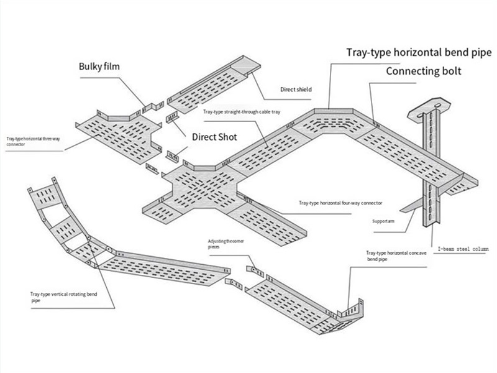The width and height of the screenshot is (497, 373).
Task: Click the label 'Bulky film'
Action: pyautogui.click(x=103, y=67)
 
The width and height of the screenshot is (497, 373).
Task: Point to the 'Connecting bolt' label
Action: pyautogui.click(x=424, y=71)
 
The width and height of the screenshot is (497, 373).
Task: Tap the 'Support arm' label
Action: pyautogui.click(x=383, y=220)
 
